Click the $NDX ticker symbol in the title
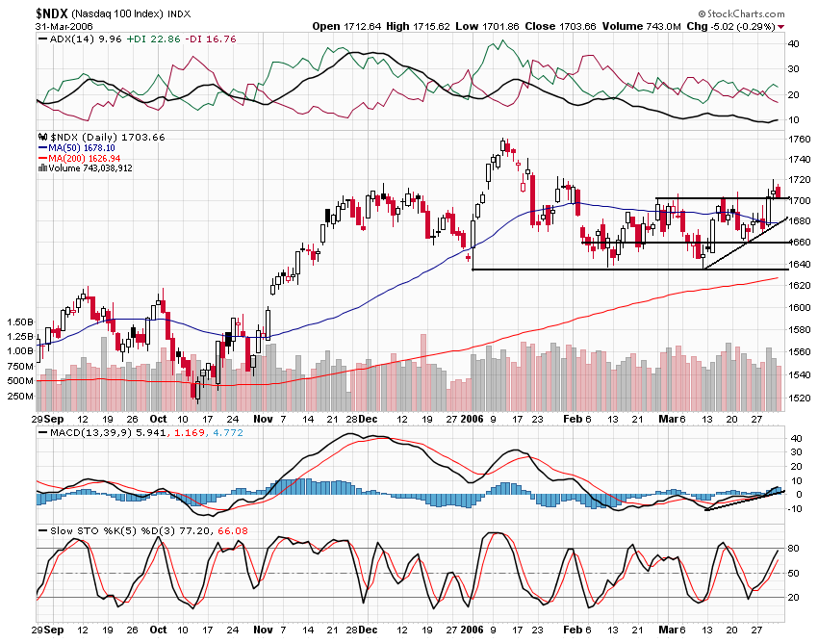(51, 13)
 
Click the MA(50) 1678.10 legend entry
(82, 147)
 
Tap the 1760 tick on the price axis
(798, 140)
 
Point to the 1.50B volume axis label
(18, 321)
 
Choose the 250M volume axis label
(19, 396)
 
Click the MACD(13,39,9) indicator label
(97, 433)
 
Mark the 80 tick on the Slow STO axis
(794, 549)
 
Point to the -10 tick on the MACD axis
(795, 508)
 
